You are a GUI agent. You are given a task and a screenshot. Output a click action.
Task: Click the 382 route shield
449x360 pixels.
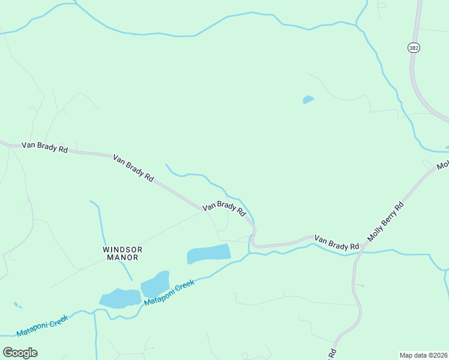[x=413, y=47]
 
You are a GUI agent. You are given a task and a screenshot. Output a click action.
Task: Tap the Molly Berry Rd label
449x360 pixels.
[x=385, y=221]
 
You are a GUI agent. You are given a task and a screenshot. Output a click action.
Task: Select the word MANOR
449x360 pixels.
[x=122, y=257]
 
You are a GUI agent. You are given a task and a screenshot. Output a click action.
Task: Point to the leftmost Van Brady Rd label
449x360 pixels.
[x=44, y=147]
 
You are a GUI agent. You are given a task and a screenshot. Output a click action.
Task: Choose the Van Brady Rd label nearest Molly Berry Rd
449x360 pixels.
[x=337, y=242]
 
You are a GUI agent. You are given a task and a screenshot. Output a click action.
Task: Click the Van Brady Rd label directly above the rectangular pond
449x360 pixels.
[x=224, y=208]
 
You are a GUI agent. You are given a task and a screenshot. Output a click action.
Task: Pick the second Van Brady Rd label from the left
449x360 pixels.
[x=133, y=167]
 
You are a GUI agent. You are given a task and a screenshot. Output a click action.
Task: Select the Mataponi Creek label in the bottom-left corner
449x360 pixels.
[x=42, y=325]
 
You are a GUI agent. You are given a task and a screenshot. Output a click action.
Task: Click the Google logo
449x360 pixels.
[x=20, y=353]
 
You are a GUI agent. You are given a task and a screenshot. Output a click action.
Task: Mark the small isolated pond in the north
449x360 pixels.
[x=308, y=100]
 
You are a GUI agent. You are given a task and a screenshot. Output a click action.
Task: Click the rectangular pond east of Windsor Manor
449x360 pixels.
[x=208, y=254]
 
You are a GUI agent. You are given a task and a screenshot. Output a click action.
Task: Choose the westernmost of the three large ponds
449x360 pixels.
[x=120, y=298]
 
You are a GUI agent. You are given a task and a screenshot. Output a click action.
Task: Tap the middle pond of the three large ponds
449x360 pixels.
[x=155, y=283]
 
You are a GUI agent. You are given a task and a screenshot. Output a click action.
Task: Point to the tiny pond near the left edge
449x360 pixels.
[x=16, y=305]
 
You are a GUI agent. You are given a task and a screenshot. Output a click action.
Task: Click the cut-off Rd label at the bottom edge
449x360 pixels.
[x=332, y=353]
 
